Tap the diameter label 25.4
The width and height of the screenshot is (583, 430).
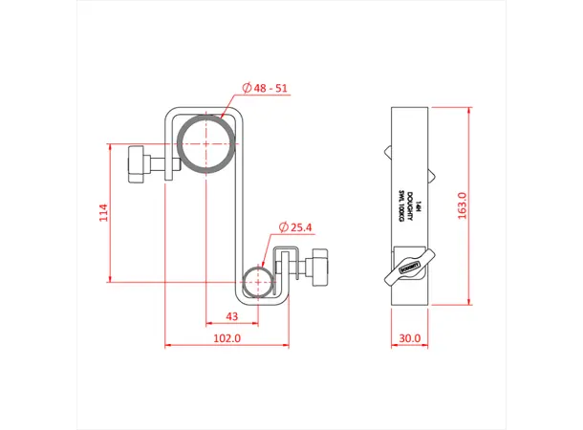300,227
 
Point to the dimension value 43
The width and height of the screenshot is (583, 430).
231,316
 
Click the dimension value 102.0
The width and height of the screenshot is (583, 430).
227,338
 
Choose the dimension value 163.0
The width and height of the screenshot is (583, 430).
463,206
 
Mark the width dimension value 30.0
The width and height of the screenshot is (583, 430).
410,338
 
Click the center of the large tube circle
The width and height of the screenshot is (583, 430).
205,147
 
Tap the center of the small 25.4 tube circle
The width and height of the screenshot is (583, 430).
257,283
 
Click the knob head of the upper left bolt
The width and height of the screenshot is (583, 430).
134,161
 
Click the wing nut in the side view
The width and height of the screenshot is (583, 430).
410,270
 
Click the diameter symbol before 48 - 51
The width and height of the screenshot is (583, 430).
247,88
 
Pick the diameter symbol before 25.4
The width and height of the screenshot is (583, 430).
284,227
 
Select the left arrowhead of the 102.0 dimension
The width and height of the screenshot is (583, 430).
168,343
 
